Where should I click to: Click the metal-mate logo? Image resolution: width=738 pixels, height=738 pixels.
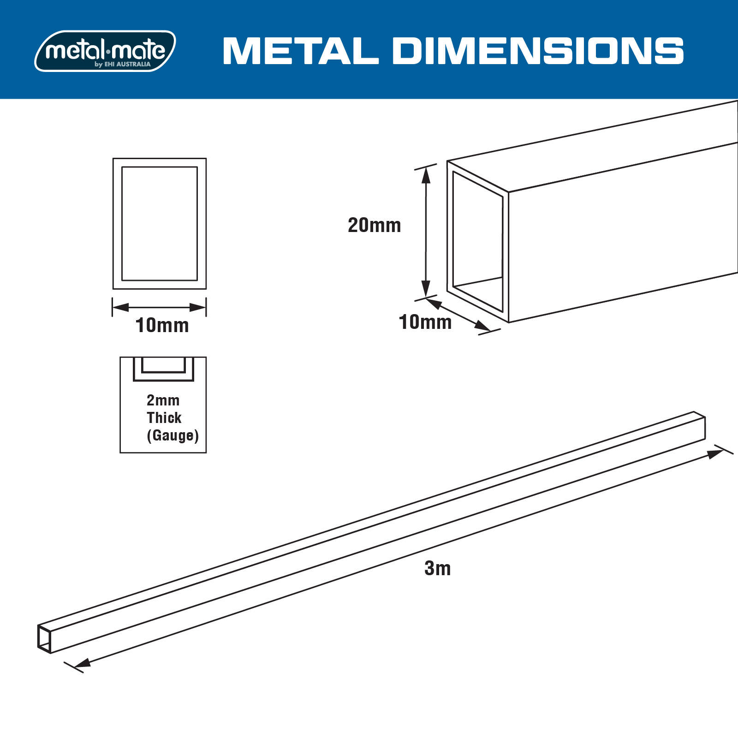pos(105,51)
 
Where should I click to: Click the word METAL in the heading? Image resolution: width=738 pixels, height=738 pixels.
pos(300,51)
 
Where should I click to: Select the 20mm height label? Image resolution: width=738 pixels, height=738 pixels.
pos(374,226)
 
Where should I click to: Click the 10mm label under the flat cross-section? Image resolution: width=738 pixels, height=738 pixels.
pos(162,326)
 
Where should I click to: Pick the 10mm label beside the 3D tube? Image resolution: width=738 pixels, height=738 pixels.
pos(425,322)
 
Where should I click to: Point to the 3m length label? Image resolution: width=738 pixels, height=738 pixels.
pos(437,568)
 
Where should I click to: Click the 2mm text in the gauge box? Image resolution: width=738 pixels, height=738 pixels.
pos(163,400)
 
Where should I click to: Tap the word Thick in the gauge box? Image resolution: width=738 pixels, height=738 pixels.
pos(164,418)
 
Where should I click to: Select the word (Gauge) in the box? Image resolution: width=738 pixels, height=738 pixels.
pos(173,435)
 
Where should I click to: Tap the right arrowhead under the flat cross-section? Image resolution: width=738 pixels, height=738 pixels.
pos(198,307)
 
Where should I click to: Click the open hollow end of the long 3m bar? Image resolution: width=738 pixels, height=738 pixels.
pos(44,638)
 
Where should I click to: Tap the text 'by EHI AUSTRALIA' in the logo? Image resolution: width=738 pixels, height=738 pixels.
pos(123,65)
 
